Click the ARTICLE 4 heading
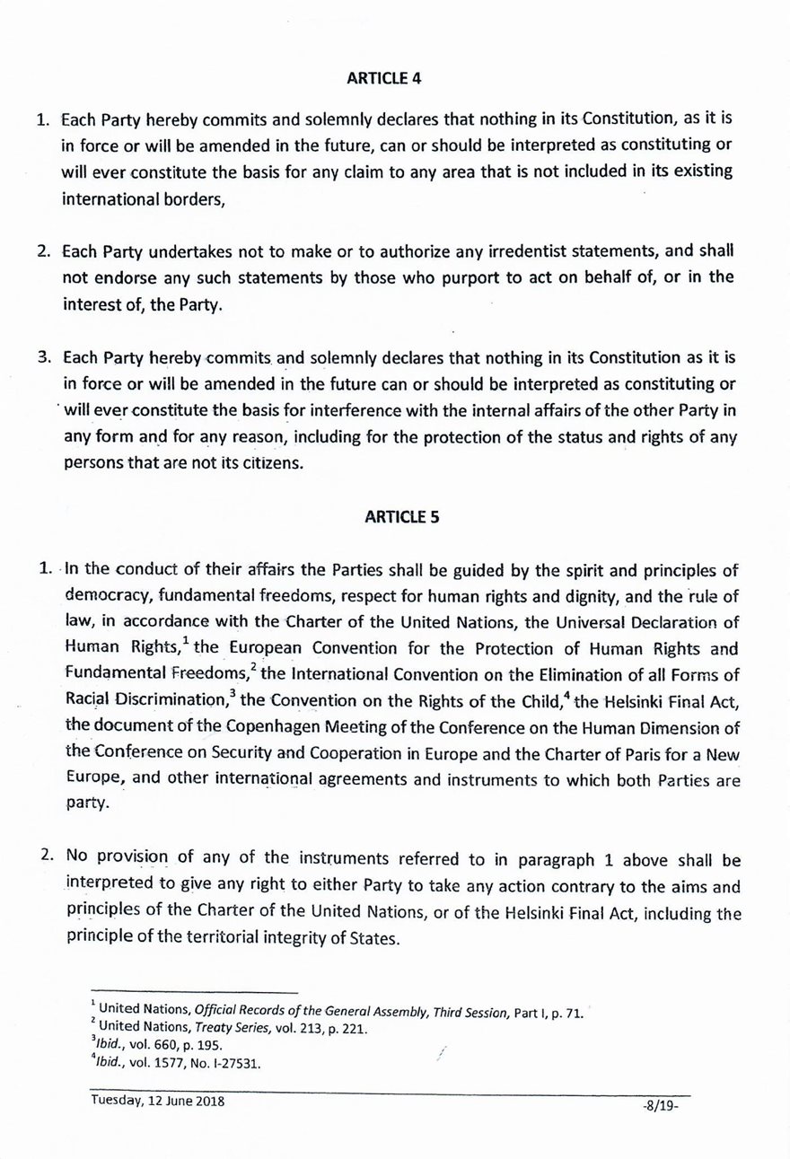tap(383, 77)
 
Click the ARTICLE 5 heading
tap(401, 516)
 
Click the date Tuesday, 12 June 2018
tap(157, 1103)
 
